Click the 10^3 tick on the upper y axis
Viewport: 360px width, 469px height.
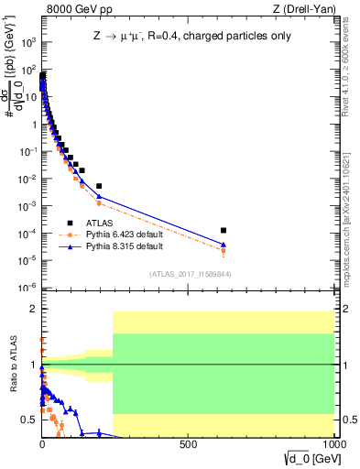point(27,42)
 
